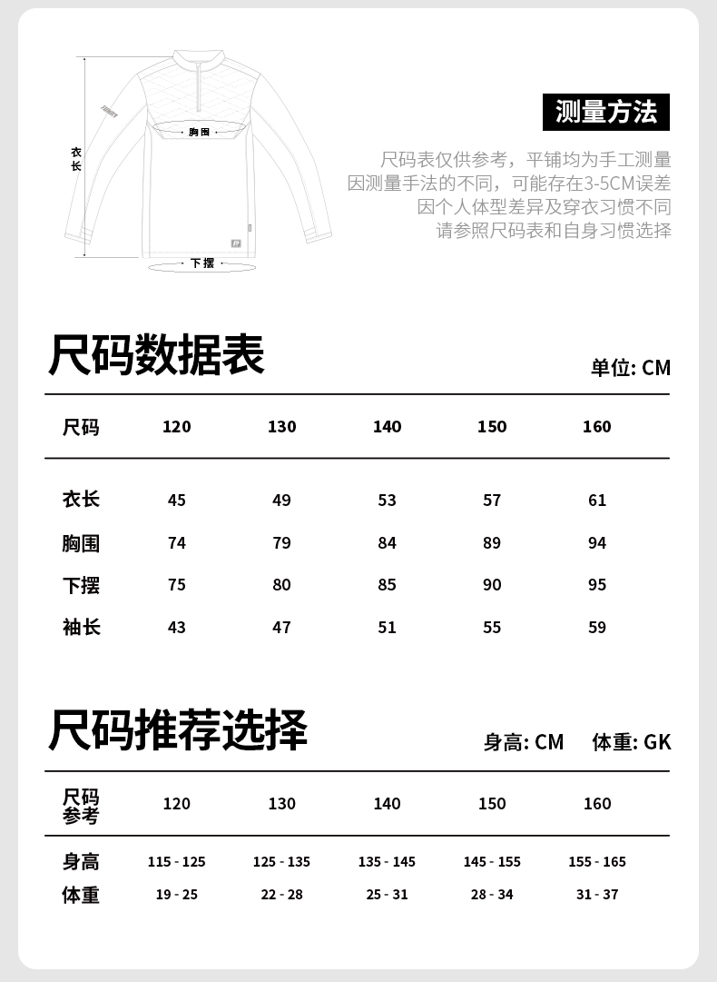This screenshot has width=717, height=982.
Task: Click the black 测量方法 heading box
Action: click(605, 112)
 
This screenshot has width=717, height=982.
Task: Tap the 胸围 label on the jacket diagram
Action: click(199, 133)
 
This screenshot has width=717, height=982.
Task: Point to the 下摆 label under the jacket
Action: click(202, 263)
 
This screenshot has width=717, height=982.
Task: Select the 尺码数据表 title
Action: click(155, 355)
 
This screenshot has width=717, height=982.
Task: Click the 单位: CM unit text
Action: click(631, 367)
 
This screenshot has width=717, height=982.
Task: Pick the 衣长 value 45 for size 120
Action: click(177, 501)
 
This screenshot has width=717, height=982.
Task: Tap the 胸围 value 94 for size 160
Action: click(597, 543)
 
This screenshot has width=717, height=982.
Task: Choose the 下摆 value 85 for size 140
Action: click(388, 585)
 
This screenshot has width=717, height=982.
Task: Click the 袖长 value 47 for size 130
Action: click(282, 628)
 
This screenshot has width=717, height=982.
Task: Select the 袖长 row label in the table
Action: click(81, 628)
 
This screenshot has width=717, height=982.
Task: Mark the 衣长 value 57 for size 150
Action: click(492, 501)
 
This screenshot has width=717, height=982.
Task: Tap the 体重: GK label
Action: click(632, 742)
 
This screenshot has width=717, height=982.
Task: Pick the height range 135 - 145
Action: click(387, 862)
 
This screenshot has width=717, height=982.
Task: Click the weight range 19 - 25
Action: click(177, 895)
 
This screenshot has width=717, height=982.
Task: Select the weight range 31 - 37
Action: click(597, 895)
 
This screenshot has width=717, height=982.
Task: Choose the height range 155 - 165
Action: click(597, 862)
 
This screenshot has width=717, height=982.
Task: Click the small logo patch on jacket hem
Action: click(236, 243)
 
